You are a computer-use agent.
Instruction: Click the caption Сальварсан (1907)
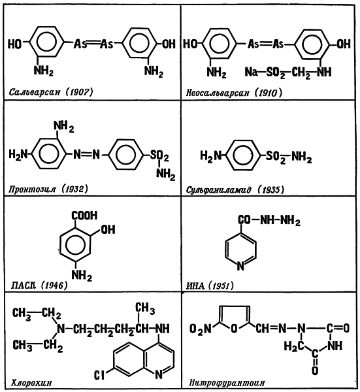tap(51, 92)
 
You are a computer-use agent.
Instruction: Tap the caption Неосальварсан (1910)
tap(234, 93)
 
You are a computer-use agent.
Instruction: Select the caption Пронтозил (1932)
tap(48, 189)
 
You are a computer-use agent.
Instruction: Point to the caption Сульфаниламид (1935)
tap(235, 190)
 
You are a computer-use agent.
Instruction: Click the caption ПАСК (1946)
tap(39, 285)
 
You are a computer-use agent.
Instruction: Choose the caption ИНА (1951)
tap(210, 286)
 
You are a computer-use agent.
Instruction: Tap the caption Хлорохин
tap(31, 383)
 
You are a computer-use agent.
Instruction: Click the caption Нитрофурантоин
tap(227, 383)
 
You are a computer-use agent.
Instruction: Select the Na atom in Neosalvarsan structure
tap(252, 72)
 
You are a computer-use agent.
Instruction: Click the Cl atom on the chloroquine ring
tap(99, 375)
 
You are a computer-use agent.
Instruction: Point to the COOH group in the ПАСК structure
tap(84, 216)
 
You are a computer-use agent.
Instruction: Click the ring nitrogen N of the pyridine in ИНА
tap(240, 266)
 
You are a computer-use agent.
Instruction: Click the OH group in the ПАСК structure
tap(108, 229)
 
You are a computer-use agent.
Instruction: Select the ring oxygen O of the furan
tap(234, 329)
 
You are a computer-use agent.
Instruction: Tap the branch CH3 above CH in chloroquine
tap(145, 308)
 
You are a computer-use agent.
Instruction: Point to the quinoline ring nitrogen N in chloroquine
tap(159, 374)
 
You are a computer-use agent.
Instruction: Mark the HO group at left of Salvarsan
tap(14, 44)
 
